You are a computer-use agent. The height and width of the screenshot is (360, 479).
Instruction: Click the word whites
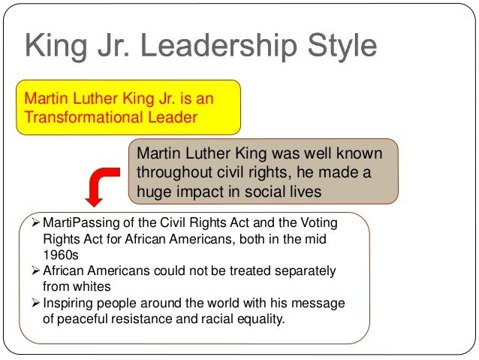88,286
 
